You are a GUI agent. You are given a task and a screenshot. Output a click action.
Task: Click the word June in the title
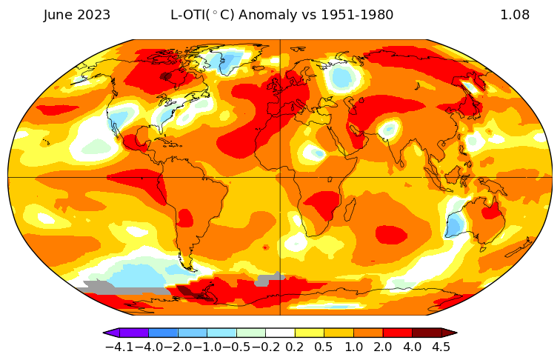pos(59,15)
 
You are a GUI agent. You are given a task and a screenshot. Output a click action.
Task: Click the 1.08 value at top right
pos(514,15)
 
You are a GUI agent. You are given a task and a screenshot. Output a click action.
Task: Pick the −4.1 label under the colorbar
pos(119,347)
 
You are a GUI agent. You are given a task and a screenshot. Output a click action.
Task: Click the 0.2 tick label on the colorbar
pos(295,347)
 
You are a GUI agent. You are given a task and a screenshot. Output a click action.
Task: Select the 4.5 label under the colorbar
pos(441,347)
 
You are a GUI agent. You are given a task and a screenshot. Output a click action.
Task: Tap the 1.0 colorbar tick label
pos(353,347)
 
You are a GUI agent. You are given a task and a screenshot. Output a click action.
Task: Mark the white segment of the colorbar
pos(280,333)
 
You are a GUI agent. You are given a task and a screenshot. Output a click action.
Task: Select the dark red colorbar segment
pos(427,333)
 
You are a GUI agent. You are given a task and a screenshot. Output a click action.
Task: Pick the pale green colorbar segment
pos(251,333)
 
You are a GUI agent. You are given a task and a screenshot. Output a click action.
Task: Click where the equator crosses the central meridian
pos(280,178)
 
